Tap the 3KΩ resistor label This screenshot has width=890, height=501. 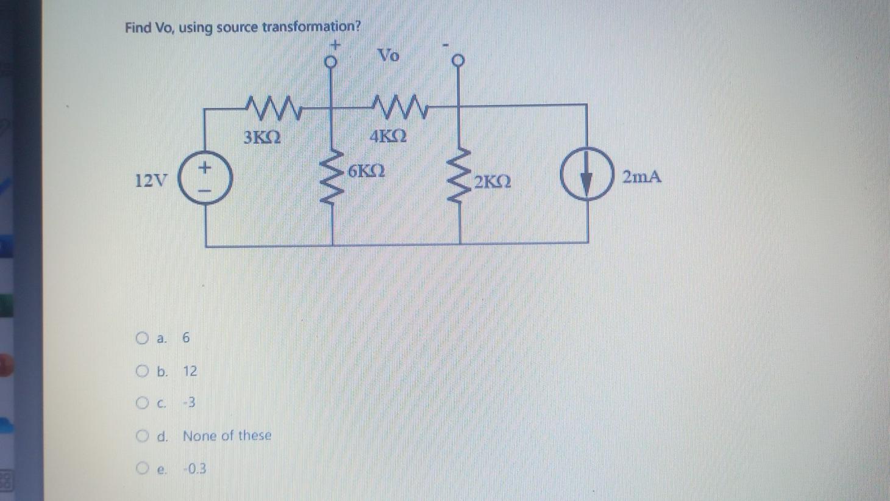click(262, 137)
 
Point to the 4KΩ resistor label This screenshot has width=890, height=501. click(388, 136)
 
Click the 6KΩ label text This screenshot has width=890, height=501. click(366, 171)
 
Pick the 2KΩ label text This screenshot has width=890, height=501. click(493, 182)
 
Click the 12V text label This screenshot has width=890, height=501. click(151, 181)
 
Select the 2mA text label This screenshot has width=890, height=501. click(641, 177)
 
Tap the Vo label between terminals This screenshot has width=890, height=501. click(388, 56)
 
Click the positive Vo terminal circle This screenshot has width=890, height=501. click(330, 62)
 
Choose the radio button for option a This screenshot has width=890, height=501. click(142, 338)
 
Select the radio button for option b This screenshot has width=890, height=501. click(142, 371)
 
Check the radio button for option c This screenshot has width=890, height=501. click(142, 403)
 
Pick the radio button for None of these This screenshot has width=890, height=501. click(142, 436)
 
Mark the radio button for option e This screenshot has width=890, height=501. click(142, 469)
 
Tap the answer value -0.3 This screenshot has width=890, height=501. click(195, 469)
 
